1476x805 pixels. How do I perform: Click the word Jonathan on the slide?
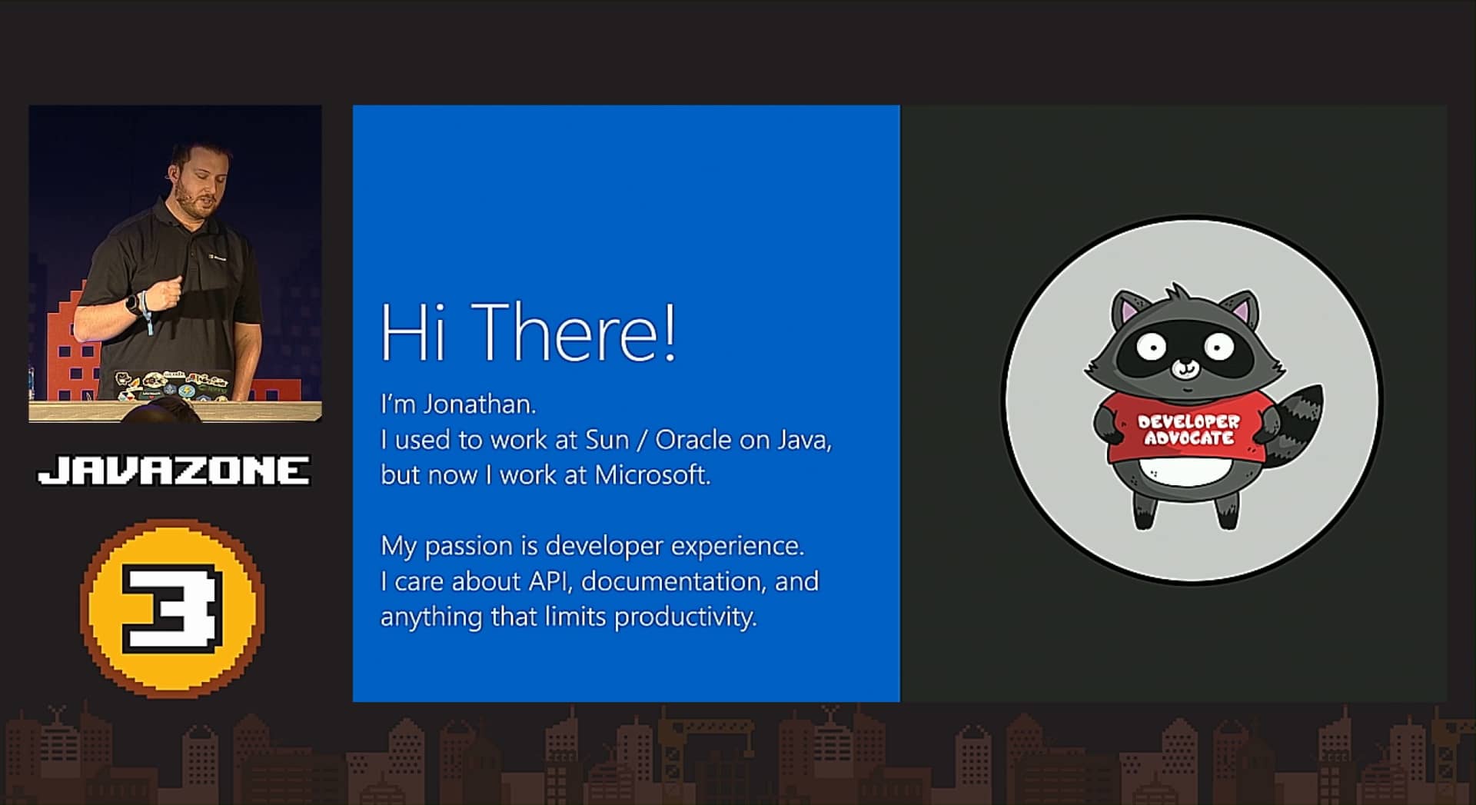[480, 404]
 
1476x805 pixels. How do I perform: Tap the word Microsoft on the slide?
[653, 475]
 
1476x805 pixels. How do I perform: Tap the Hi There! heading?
[529, 331]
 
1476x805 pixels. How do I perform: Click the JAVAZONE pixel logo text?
[175, 471]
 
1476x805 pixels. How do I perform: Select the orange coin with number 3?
[172, 608]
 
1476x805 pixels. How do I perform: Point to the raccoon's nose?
[1185, 367]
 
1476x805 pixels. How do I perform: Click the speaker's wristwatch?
[134, 304]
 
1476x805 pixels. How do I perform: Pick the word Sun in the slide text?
[607, 440]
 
